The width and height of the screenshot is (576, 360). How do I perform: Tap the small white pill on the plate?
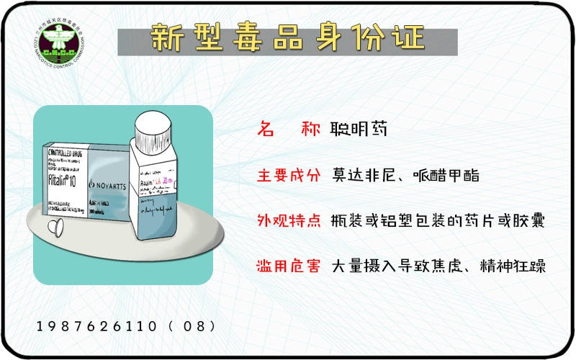[x=52, y=228]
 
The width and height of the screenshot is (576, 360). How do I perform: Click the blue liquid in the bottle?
[x=162, y=227]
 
